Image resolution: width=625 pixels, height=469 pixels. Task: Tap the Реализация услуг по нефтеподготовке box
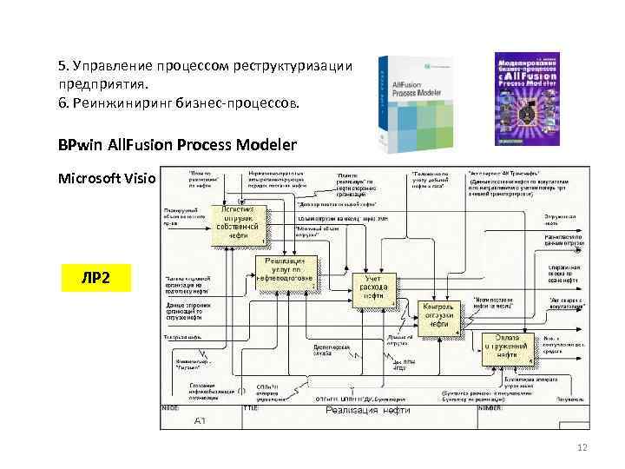[285, 271]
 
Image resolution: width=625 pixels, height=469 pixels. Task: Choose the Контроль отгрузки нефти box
[439, 318]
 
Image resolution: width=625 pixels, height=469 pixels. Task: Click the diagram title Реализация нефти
[361, 411]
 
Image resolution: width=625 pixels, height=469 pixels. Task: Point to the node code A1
[200, 420]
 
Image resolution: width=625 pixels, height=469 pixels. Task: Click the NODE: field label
[172, 406]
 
